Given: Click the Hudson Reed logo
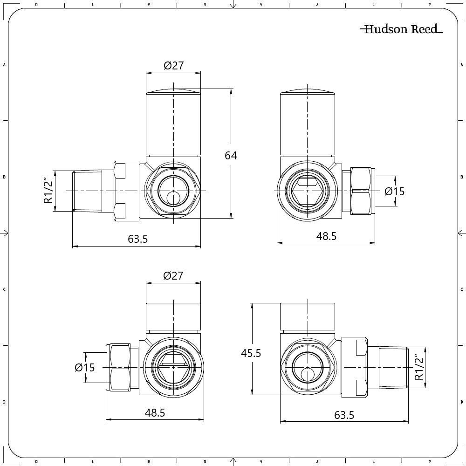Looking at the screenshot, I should point(401,29).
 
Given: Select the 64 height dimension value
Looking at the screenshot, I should point(231,155).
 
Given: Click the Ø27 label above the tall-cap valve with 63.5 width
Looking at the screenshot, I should point(173,66).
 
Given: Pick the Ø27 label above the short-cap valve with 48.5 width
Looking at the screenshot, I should point(173,276).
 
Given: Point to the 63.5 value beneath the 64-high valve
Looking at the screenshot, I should point(137,239).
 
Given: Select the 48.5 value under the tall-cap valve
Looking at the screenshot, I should point(326,236).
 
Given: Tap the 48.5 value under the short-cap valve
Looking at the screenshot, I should point(155,413).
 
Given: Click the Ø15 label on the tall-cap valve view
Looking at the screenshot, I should point(395,191).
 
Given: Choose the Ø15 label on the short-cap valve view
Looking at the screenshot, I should point(85,368).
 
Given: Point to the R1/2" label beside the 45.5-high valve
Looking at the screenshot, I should point(419,367).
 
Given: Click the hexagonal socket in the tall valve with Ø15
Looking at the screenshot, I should point(307,191).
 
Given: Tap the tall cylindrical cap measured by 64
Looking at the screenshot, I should point(173,122).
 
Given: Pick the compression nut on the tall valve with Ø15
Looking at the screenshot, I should point(363,191).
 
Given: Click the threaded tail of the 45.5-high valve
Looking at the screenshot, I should point(392,367).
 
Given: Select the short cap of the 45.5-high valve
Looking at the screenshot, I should point(307,317).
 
